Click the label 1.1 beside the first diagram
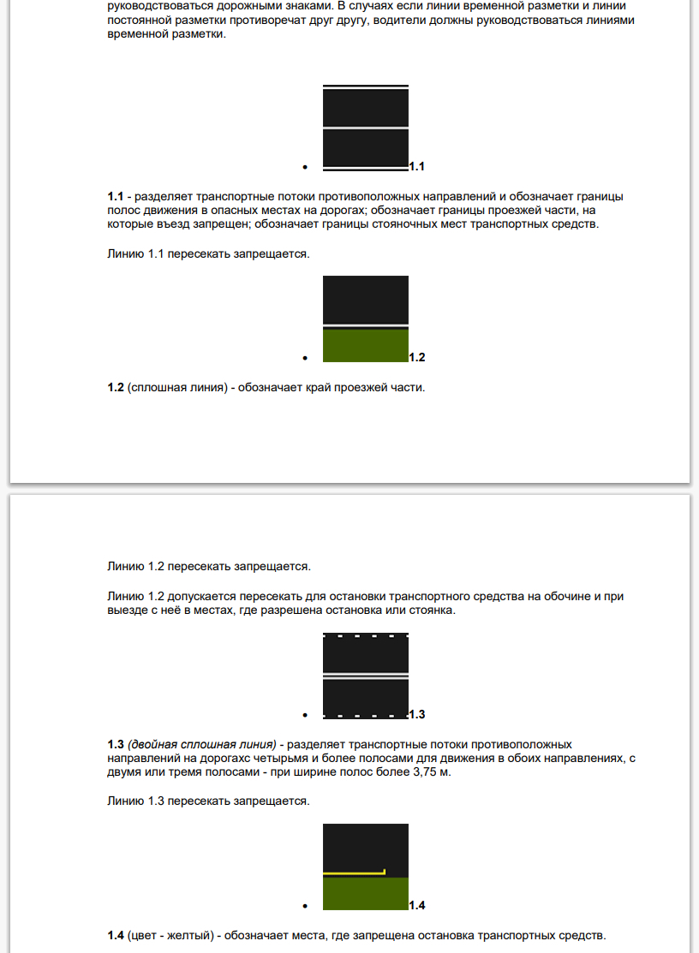coord(417,166)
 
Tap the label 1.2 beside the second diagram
coord(417,357)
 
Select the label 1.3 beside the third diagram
coord(417,714)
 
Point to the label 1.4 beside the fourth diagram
coord(417,905)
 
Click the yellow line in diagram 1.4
coord(353,873)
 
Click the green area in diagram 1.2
coord(366,346)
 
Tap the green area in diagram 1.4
coord(366,894)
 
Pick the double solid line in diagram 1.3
coord(366,676)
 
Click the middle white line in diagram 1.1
coord(366,128)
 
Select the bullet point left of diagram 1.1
coord(305,167)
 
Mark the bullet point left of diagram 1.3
coord(305,714)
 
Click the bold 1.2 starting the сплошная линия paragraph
coord(116,388)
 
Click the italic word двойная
coord(154,744)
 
